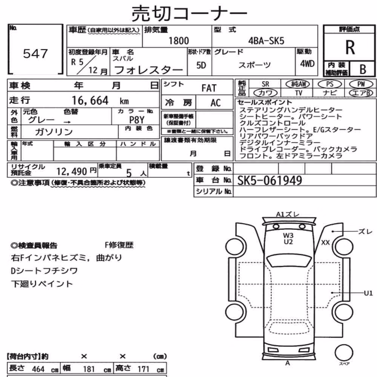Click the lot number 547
click(x=35, y=54)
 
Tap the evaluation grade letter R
click(x=350, y=48)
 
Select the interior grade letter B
click(x=363, y=69)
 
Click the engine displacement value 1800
click(x=179, y=41)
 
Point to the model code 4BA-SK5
click(x=266, y=41)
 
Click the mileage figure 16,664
click(x=90, y=101)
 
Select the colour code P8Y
click(x=136, y=120)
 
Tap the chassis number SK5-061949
click(x=270, y=180)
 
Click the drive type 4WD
click(x=307, y=64)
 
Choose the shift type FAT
click(x=209, y=88)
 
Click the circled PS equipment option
click(x=329, y=84)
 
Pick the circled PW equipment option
click(x=361, y=84)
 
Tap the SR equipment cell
click(x=265, y=84)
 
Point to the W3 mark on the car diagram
click(x=288, y=235)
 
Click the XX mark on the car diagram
click(x=325, y=242)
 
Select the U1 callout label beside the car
click(x=368, y=293)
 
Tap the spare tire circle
click(x=344, y=353)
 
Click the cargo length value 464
click(x=38, y=369)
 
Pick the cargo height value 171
click(x=144, y=369)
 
